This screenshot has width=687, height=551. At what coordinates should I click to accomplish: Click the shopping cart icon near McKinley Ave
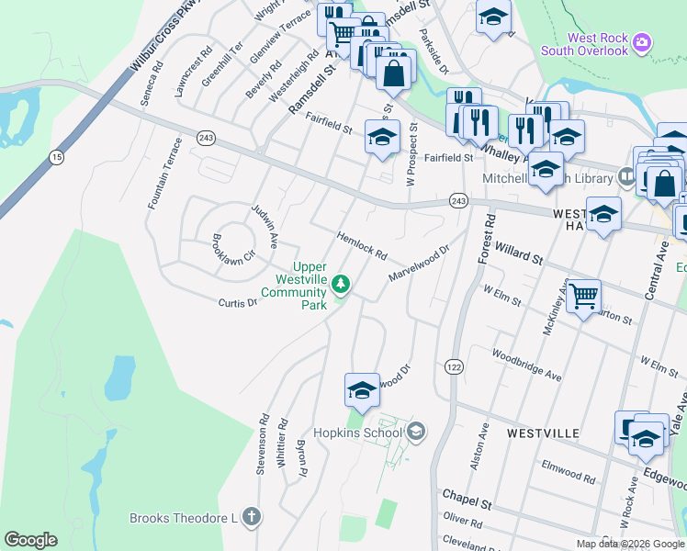[583, 297]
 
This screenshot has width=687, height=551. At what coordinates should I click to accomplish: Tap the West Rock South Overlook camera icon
[643, 42]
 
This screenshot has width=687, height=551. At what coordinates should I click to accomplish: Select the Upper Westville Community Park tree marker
[342, 284]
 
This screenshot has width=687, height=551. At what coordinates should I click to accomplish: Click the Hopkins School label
[357, 432]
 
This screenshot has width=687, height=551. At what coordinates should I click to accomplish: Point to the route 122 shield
[454, 366]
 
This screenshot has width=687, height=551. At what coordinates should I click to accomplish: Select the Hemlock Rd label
[362, 243]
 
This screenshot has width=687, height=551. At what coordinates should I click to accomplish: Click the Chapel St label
[467, 504]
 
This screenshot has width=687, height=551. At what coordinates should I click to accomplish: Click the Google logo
[30, 540]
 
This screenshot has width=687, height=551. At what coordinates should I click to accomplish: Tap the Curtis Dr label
[237, 303]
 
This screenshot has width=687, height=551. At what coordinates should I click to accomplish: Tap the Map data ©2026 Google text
[629, 544]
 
